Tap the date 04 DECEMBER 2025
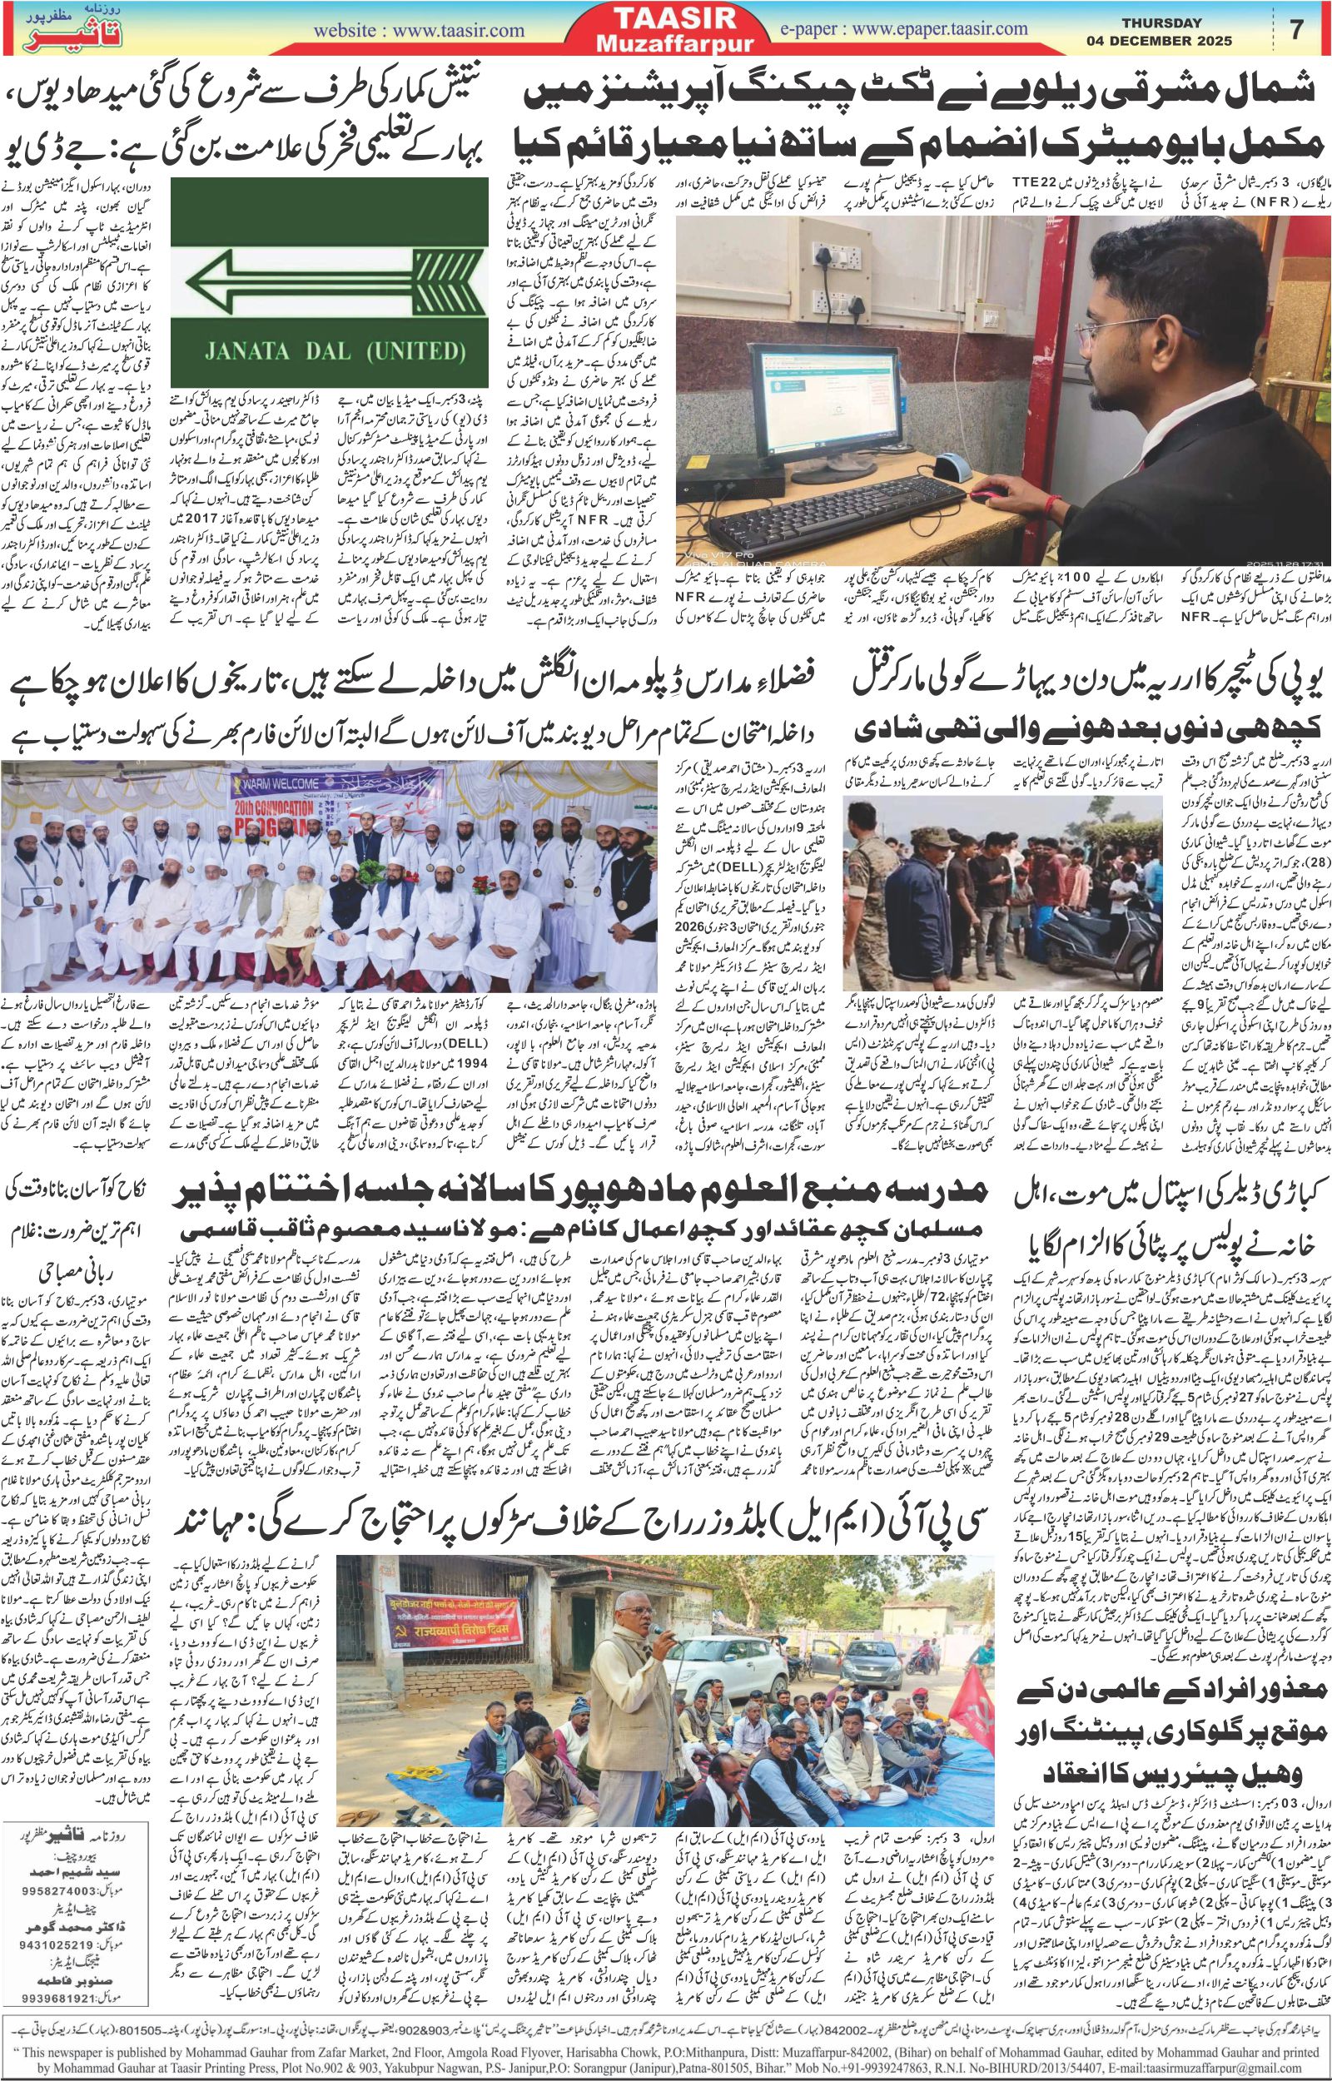(x=1160, y=41)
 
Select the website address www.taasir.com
(x=420, y=31)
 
